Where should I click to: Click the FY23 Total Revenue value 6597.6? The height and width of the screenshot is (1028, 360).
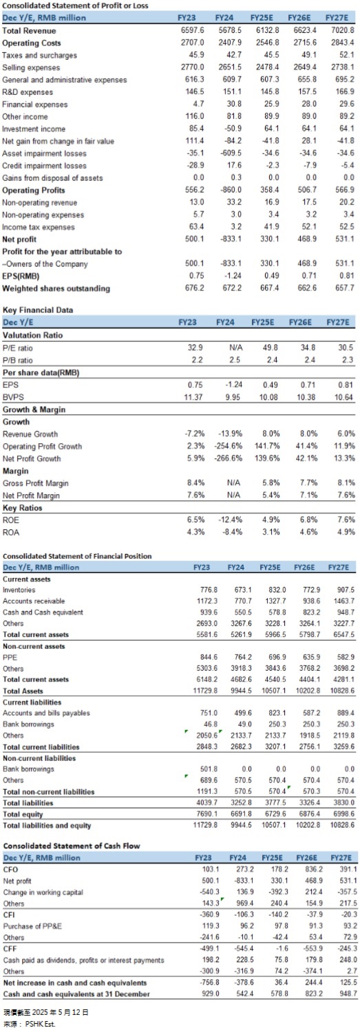point(193,30)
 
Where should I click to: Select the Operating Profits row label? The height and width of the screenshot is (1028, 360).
point(34,190)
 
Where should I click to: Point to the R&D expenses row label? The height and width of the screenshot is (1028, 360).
point(28,92)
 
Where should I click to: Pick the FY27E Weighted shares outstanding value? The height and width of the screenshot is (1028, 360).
point(346,288)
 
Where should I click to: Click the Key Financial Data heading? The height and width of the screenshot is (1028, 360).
point(38,310)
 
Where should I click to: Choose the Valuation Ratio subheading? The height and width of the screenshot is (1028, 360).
point(32,335)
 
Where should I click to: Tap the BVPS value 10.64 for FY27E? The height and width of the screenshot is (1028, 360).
point(344,397)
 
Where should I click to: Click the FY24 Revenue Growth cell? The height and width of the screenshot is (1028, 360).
point(230,433)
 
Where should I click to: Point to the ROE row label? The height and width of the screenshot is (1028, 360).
point(11,520)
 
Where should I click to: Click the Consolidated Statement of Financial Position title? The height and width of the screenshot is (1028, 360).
point(77,556)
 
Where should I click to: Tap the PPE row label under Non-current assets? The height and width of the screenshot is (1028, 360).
point(10,657)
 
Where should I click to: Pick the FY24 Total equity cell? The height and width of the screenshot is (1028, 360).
point(241,814)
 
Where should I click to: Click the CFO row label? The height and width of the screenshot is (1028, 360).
point(10,869)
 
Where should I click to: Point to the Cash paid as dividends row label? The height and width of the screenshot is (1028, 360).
point(83,947)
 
